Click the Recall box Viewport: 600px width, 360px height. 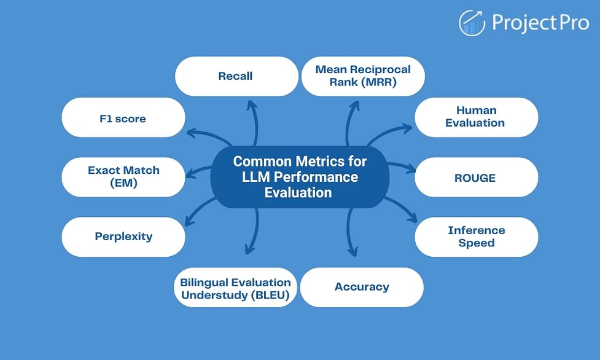tap(236, 76)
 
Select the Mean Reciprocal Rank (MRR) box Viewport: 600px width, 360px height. tap(363, 76)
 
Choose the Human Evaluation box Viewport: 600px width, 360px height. tap(477, 117)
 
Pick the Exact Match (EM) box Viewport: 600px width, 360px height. tap(123, 177)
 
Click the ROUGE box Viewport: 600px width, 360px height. tap(477, 177)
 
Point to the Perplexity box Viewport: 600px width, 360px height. tap(123, 237)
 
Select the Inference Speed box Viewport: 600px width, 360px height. tap(477, 237)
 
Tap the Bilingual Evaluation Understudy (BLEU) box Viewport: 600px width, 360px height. tap(235, 288)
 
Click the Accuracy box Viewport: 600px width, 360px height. tap(362, 288)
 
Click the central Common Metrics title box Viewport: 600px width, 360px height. tap(300, 177)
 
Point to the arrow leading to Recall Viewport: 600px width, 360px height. tap(254, 122)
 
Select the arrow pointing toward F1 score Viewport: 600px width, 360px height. tap(209, 134)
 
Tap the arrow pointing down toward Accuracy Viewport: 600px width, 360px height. tap(349, 232)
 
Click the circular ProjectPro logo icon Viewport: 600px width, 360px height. tap(472, 23)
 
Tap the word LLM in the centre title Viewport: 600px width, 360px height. tap(256, 177)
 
